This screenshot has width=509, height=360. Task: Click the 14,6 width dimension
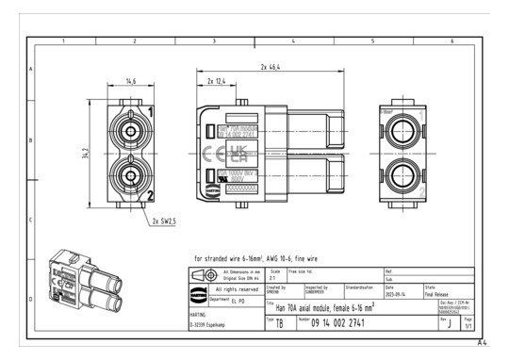point(133,83)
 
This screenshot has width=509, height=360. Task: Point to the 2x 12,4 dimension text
point(214,83)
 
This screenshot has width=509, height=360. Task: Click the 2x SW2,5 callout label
point(162,221)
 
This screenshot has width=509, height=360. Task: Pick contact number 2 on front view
point(149,195)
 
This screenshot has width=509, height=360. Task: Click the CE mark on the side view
point(214,152)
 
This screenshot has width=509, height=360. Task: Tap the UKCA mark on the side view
point(238,152)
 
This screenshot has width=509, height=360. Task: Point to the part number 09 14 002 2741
point(351,323)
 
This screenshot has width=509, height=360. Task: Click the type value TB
point(278,324)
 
